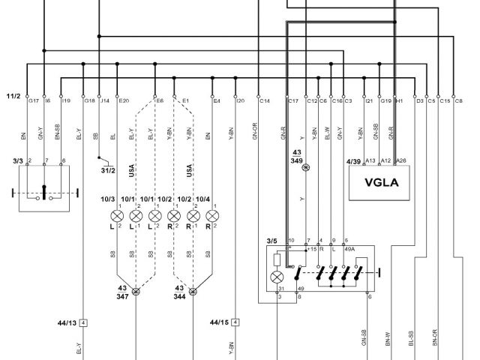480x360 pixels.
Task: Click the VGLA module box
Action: coord(382,182)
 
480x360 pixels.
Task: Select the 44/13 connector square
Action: coord(83,322)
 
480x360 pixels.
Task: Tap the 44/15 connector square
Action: coord(236,322)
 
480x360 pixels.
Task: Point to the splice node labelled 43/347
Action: coord(136,292)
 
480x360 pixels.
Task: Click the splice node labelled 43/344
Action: coord(193,292)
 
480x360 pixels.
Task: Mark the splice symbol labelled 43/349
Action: coord(304,168)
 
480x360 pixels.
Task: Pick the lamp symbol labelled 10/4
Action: coord(212,217)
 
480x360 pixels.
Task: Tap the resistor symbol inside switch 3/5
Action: coord(278,259)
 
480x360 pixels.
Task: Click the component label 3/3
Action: coord(18,160)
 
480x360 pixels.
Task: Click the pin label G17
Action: coord(33,100)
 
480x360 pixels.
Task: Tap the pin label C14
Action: coord(265,100)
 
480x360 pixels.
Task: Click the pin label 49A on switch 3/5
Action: coord(349,248)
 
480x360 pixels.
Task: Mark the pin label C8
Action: coord(459,100)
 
